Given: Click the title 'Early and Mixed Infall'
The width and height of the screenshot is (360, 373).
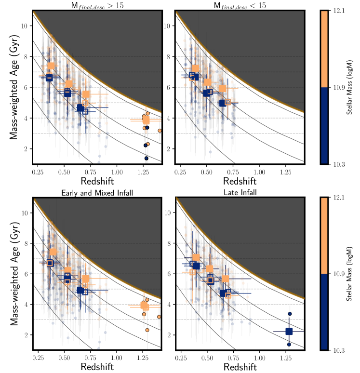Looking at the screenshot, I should [x=97, y=193].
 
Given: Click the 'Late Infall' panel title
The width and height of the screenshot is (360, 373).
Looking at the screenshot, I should [x=240, y=193].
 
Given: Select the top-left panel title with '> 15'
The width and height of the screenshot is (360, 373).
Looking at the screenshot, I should [x=97, y=5].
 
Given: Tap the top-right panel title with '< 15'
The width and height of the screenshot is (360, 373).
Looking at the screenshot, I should [x=240, y=5].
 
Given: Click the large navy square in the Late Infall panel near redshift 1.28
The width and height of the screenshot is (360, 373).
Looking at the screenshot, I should [x=289, y=331].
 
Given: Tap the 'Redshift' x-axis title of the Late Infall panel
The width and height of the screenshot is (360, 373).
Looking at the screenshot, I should [x=240, y=367].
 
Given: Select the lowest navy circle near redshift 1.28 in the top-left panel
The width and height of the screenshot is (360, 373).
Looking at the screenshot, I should [x=147, y=158].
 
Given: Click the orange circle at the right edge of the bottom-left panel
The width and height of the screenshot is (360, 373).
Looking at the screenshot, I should [x=160, y=317].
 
